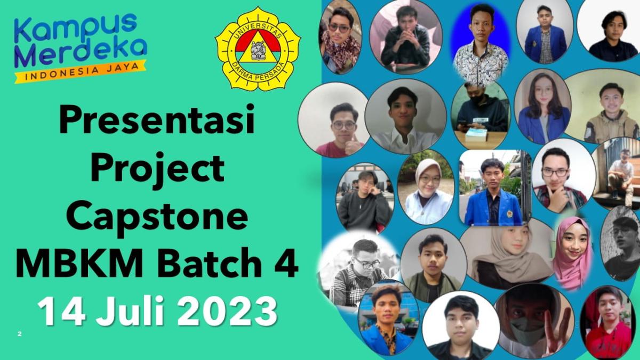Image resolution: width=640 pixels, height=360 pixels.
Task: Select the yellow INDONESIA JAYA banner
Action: coord(81,71)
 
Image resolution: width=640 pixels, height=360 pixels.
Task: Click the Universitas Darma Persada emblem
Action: coord(258,49)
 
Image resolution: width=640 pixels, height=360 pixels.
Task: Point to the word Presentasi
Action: coord(157,119)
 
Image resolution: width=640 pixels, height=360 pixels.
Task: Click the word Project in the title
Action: coord(157,168)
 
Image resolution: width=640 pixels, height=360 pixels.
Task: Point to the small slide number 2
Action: coord(19,334)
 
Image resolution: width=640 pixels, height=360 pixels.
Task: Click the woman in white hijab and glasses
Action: coord(426,187)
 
